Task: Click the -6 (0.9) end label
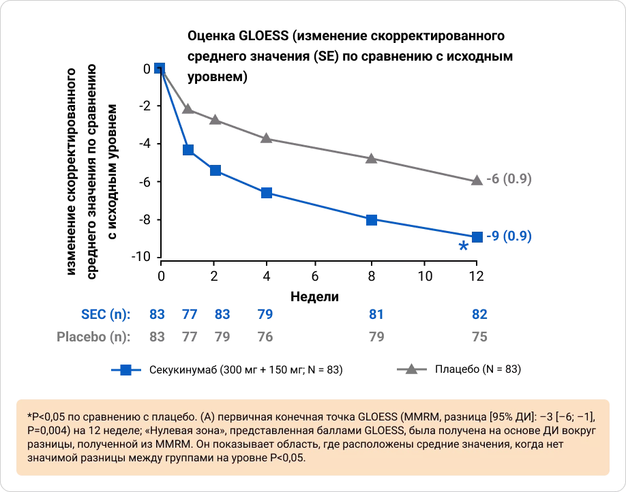coord(509,179)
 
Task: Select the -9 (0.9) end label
coord(509,236)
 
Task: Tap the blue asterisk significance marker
coord(464,247)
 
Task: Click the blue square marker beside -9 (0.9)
coord(477,236)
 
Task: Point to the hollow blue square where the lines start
coord(159,68)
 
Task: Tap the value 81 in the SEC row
coord(376,314)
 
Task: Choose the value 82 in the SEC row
coord(479,314)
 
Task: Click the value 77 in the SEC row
coord(189,314)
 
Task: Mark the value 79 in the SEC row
coord(265,314)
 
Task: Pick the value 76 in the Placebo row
coord(265,337)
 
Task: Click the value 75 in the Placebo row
coord(479,337)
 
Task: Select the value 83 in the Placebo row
coord(158,337)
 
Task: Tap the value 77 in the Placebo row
coord(189,337)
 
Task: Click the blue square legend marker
coord(126,370)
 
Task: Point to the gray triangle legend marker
coord(412,369)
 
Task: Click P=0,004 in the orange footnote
coord(52,429)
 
